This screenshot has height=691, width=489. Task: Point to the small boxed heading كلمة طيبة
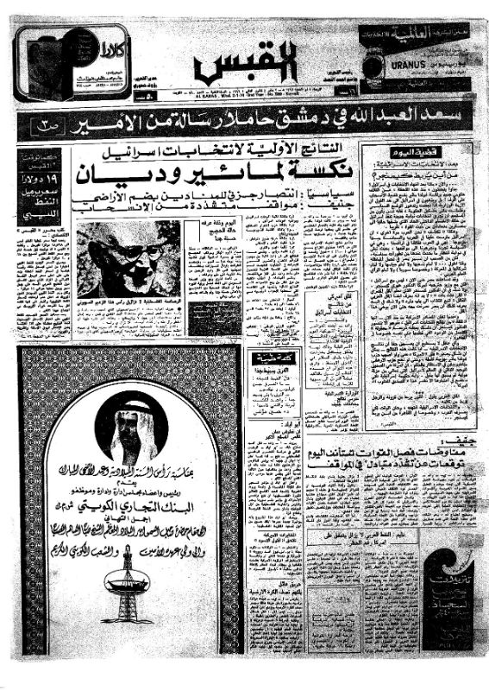pyautogui.click(x=268, y=358)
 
